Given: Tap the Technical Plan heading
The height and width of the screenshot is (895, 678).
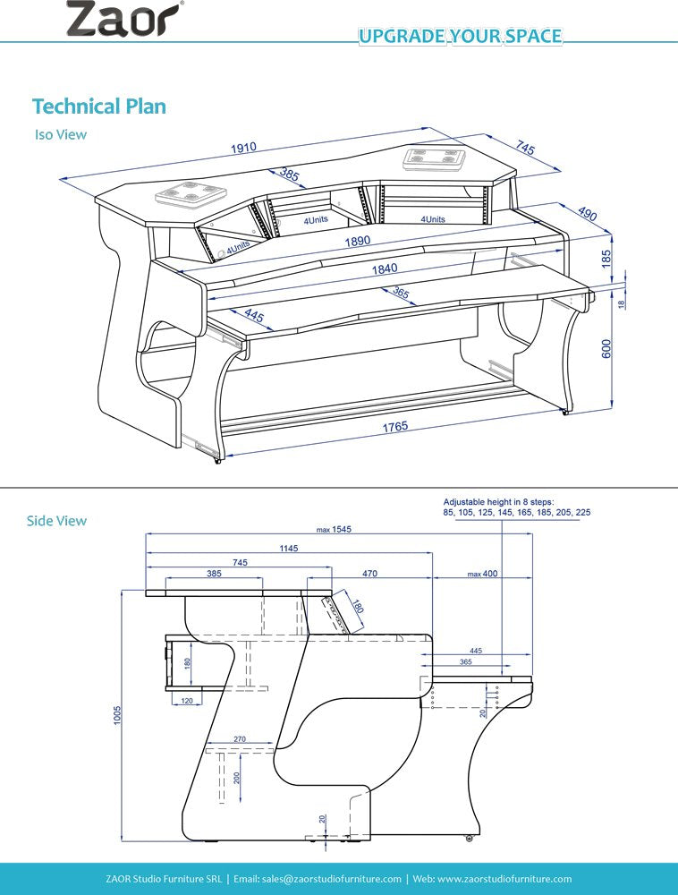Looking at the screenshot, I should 98,106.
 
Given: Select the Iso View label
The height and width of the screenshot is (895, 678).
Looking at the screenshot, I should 60,134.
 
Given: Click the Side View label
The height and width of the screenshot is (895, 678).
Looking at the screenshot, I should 56,520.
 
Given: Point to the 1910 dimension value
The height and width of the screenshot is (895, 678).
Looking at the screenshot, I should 244,148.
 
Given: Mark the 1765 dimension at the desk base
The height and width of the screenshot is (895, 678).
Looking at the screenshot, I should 394,428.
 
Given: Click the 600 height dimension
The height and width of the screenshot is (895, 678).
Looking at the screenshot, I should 606,349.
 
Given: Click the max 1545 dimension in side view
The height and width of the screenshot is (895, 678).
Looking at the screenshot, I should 335,529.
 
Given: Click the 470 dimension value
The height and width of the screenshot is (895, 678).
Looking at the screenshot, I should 369,574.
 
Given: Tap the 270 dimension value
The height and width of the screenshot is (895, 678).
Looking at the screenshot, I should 240,738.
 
